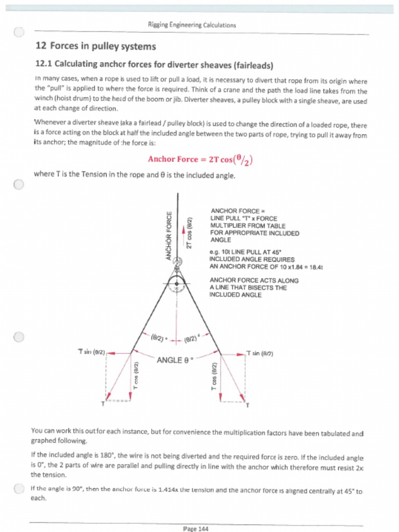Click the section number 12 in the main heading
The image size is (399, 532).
(41, 46)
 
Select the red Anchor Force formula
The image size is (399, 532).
(200, 159)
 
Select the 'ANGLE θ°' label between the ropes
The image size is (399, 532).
(175, 360)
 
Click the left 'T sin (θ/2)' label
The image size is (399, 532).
(91, 352)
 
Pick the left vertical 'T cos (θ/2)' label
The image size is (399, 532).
(136, 375)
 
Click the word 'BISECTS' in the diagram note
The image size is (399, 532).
(263, 288)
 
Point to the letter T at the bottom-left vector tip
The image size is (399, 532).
(102, 404)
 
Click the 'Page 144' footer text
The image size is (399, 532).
(196, 529)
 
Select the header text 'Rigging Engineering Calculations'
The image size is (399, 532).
(192, 24)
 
